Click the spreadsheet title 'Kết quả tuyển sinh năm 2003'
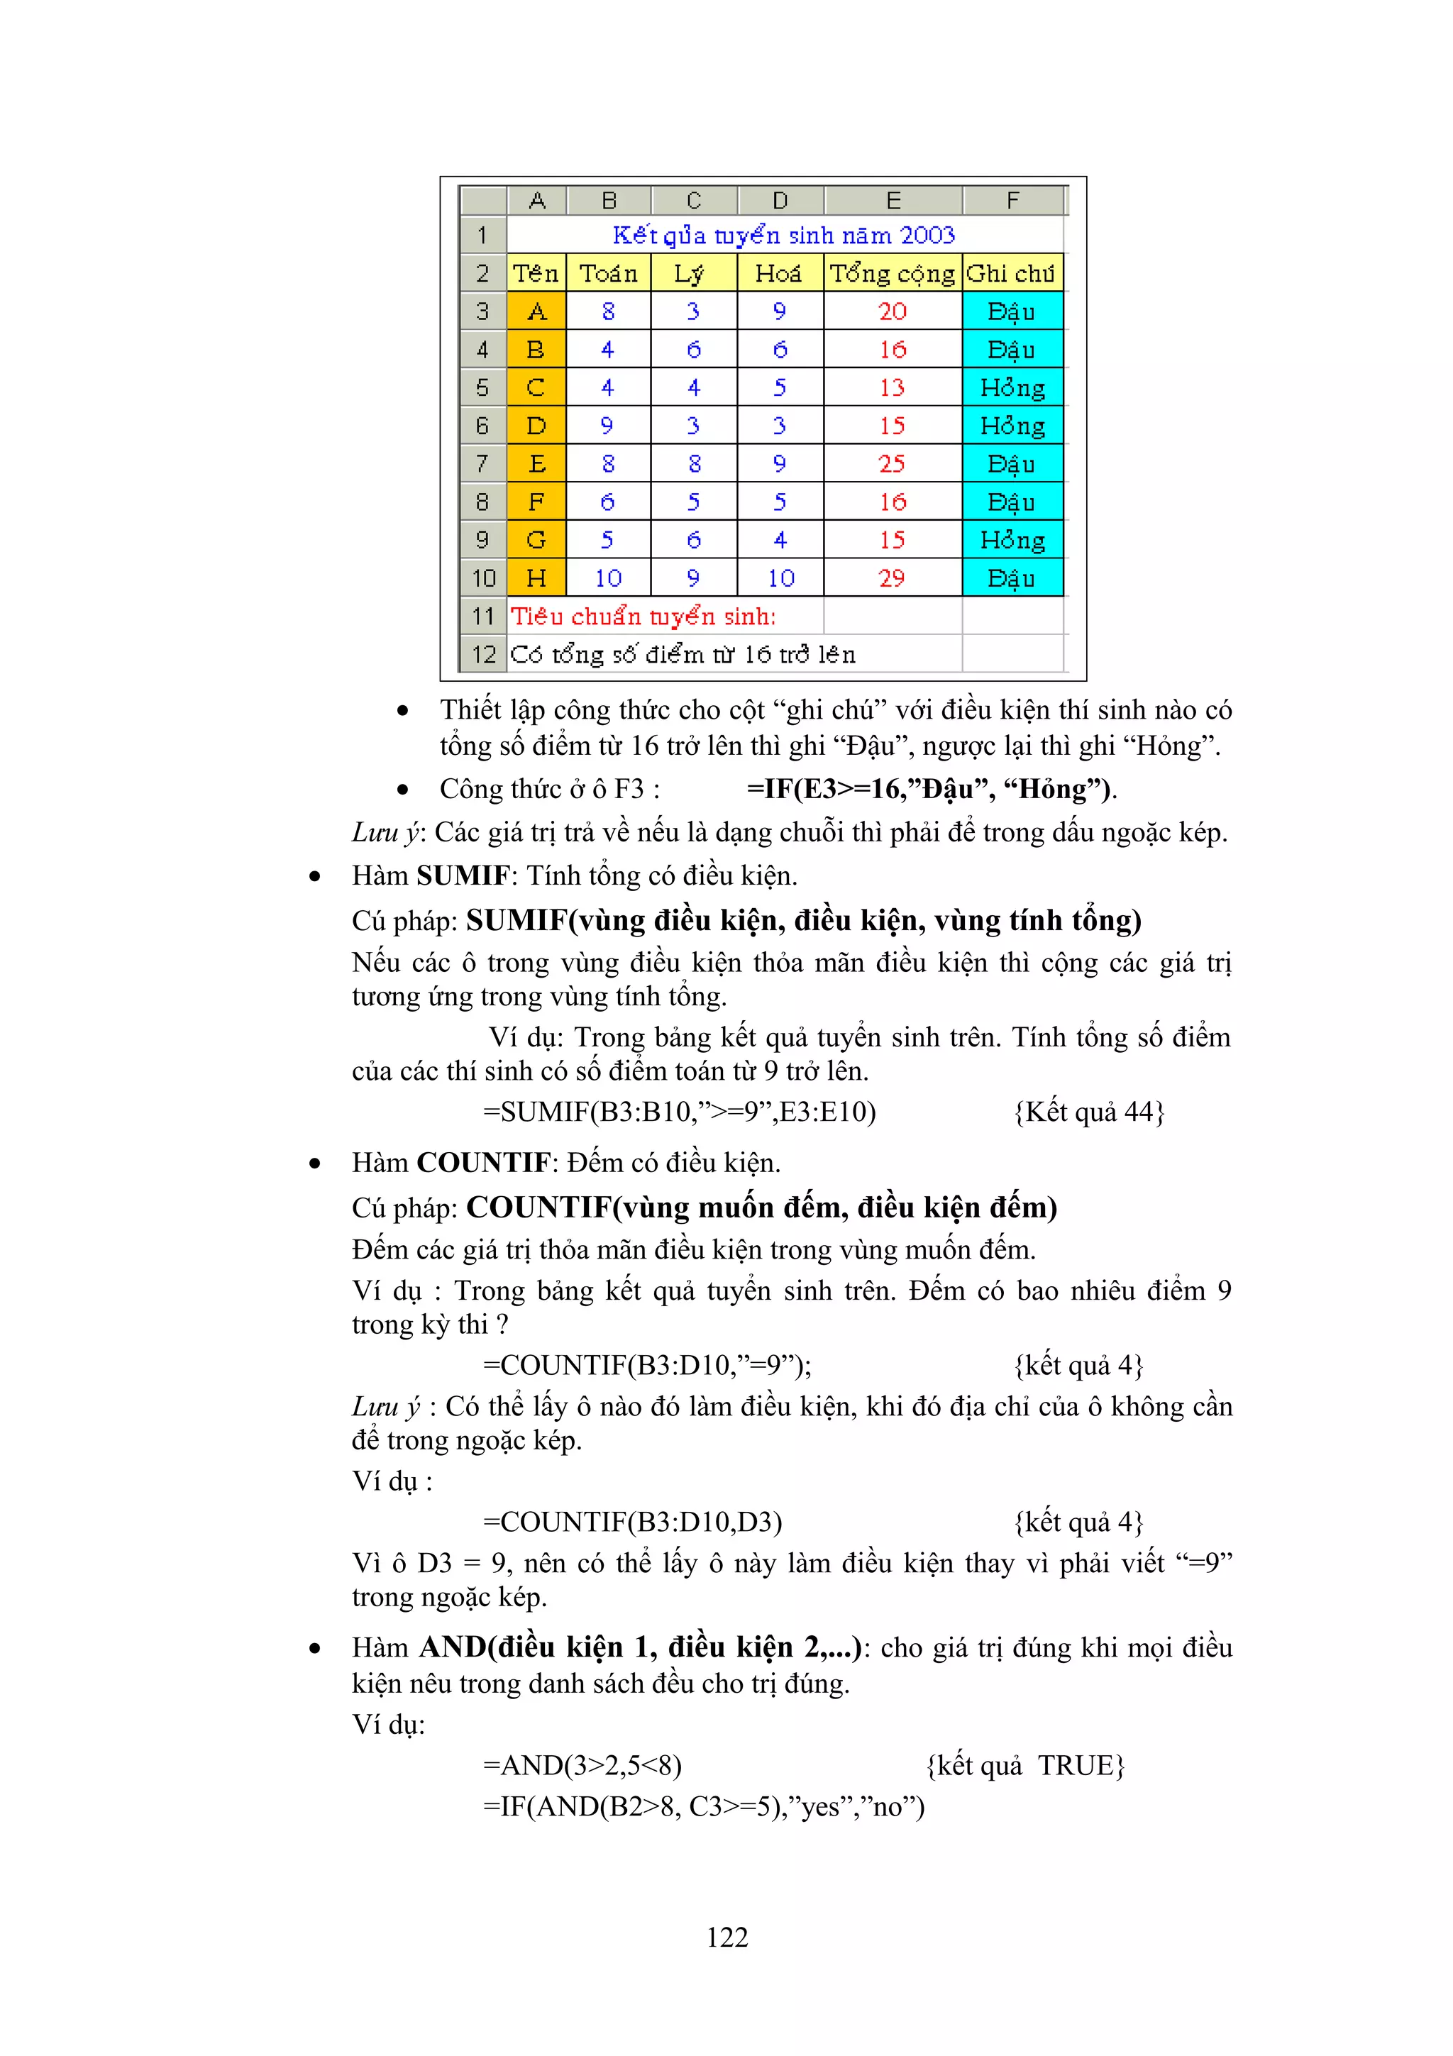(783, 236)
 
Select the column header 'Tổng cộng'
(892, 273)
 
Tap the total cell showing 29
(892, 578)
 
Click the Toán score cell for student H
(608, 578)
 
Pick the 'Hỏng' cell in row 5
(1012, 388)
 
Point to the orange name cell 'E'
(536, 464)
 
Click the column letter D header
(780, 201)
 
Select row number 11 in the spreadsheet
(483, 616)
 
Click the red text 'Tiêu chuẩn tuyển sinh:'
(643, 616)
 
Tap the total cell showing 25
(892, 464)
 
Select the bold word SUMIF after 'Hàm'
(463, 875)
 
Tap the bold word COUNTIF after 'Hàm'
(483, 1162)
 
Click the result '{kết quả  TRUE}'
(1025, 1765)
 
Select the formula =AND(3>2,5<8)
(582, 1765)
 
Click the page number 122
(726, 1936)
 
